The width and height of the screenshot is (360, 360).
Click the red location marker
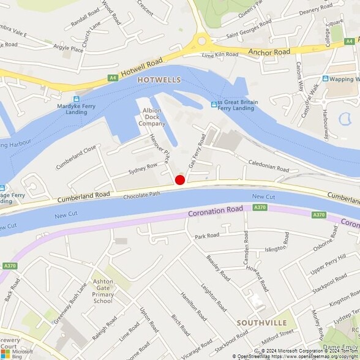[x=180, y=180]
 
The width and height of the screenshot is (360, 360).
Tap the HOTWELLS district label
[x=159, y=80]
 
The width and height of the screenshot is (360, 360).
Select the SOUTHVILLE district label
[x=261, y=322]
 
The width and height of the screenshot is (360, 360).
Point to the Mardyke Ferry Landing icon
[x=77, y=99]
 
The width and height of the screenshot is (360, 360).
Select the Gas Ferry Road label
[x=197, y=152]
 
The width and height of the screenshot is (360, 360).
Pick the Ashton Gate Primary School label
[x=103, y=291]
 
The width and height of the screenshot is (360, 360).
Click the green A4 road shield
[x=112, y=78]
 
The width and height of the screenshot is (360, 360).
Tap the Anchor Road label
[x=269, y=53]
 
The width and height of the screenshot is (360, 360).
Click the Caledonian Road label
[x=268, y=165]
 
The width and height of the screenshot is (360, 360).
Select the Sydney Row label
[x=143, y=170]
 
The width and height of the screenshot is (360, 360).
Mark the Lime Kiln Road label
[x=219, y=55]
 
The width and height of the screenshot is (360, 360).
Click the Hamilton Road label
[x=194, y=306]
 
